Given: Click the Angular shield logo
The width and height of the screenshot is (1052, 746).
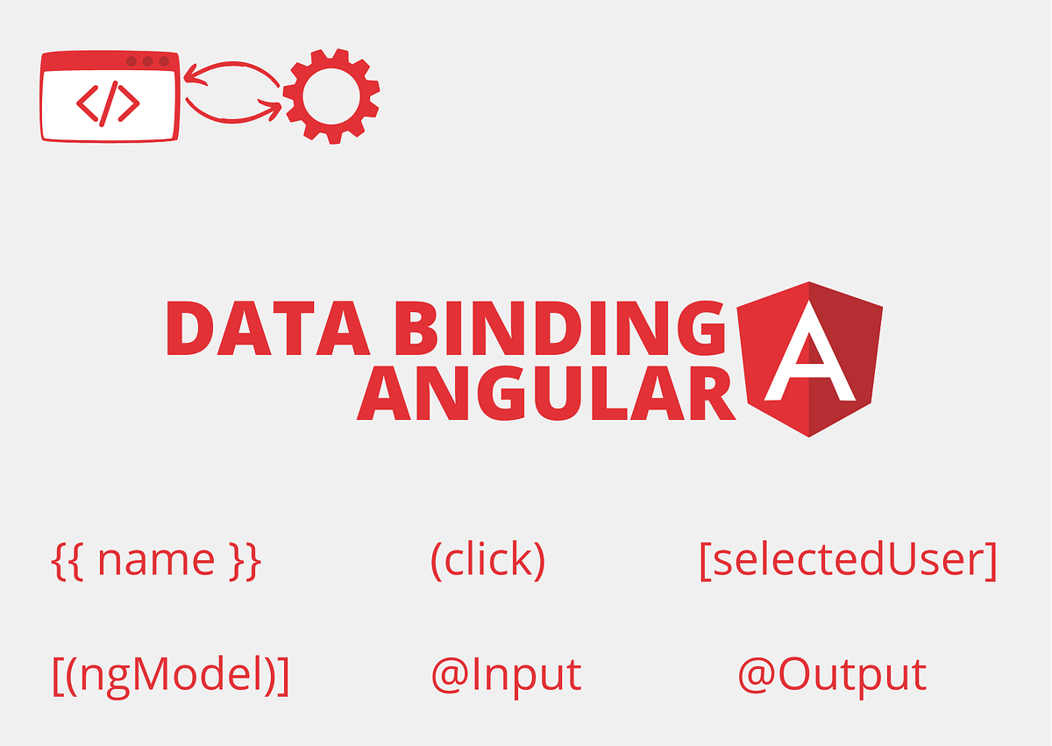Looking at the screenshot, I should tap(809, 359).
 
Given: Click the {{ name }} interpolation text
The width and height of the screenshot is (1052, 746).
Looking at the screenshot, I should tap(156, 560).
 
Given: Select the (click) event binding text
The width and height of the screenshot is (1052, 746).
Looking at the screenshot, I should tap(487, 560).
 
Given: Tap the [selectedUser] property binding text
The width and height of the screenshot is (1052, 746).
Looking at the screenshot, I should tap(848, 560).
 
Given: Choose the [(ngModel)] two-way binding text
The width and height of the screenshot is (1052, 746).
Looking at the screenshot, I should tap(170, 676).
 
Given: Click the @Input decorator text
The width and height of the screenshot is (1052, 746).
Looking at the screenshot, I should tap(506, 675).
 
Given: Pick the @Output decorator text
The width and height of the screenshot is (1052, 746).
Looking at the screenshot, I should tap(831, 675).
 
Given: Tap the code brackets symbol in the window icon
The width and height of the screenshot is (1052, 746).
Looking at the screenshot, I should tap(108, 103).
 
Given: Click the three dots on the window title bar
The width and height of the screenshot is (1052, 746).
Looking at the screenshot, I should tap(147, 61).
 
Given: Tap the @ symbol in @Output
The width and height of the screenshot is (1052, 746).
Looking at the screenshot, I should tap(756, 676).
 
